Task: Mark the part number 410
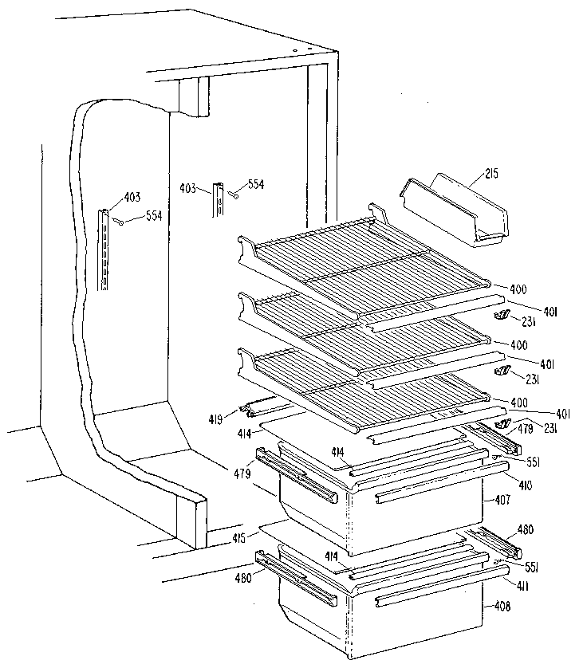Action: click(x=502, y=484)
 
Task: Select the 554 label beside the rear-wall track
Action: click(x=255, y=184)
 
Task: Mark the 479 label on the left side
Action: click(x=242, y=473)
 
